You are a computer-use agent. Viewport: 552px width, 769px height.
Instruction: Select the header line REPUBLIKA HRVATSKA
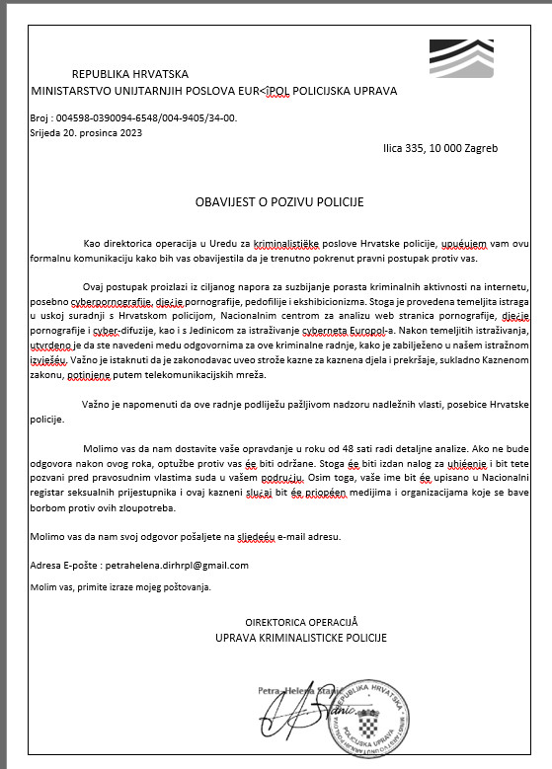pos(130,74)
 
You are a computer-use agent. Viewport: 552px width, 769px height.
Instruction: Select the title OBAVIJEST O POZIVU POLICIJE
pos(278,202)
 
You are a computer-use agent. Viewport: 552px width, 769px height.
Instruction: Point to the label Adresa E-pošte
pos(67,566)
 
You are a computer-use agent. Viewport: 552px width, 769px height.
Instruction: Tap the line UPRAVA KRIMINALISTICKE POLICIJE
pos(316,639)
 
